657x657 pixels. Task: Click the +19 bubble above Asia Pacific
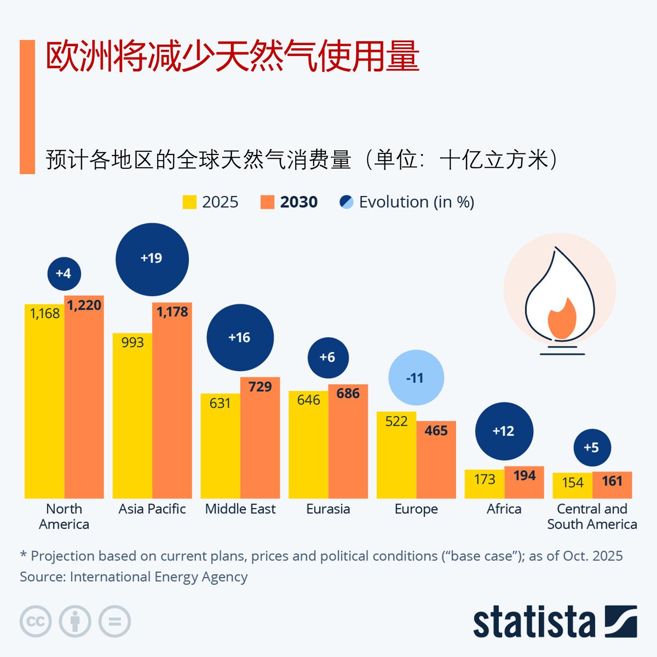[152, 259]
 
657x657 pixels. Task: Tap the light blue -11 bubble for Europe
[416, 378]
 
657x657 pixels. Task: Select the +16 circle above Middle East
[240, 338]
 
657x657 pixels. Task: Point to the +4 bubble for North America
[64, 273]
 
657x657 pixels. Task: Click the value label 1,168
[45, 314]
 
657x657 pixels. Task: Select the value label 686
[348, 394]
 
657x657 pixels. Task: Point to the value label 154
[572, 482]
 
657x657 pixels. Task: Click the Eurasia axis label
[328, 509]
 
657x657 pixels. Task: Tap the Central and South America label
[592, 516]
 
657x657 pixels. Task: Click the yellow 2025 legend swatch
[189, 202]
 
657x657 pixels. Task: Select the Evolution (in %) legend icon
[346, 202]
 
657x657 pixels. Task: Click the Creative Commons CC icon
[35, 622]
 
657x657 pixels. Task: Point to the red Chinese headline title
[233, 56]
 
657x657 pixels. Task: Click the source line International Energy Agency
[133, 577]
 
